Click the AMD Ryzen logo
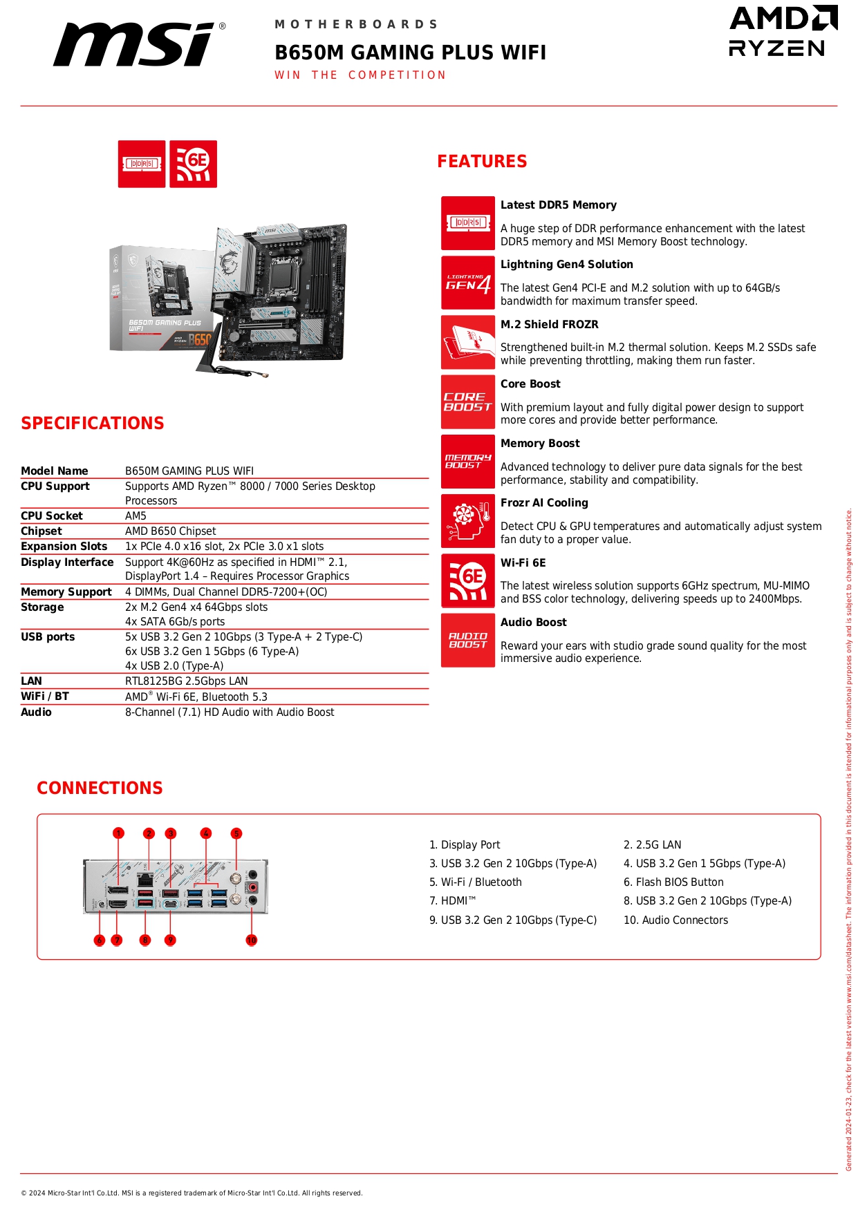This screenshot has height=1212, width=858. pyautogui.click(x=783, y=31)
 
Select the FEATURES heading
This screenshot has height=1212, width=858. pyautogui.click(x=482, y=162)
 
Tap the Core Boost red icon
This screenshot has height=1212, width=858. pyautogui.click(x=468, y=402)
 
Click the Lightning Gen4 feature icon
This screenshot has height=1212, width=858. pyautogui.click(x=468, y=283)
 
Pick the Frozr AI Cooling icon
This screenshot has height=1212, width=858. pyautogui.click(x=468, y=521)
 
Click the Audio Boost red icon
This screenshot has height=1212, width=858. pyautogui.click(x=468, y=641)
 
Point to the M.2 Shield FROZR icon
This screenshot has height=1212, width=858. pyautogui.click(x=468, y=343)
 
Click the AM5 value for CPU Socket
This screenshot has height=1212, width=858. pyautogui.click(x=136, y=516)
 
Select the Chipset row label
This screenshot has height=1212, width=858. pyautogui.click(x=41, y=531)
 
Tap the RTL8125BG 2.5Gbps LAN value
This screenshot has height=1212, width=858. pyautogui.click(x=186, y=681)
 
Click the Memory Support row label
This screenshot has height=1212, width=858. pyautogui.click(x=66, y=592)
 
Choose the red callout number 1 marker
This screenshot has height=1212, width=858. pyautogui.click(x=119, y=833)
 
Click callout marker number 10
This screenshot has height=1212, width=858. pyautogui.click(x=252, y=940)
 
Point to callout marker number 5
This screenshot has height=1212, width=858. pyautogui.click(x=236, y=833)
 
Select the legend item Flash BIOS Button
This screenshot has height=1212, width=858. pyautogui.click(x=673, y=882)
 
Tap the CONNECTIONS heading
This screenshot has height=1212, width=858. pyautogui.click(x=100, y=788)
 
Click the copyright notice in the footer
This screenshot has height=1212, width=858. pyautogui.click(x=192, y=1193)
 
